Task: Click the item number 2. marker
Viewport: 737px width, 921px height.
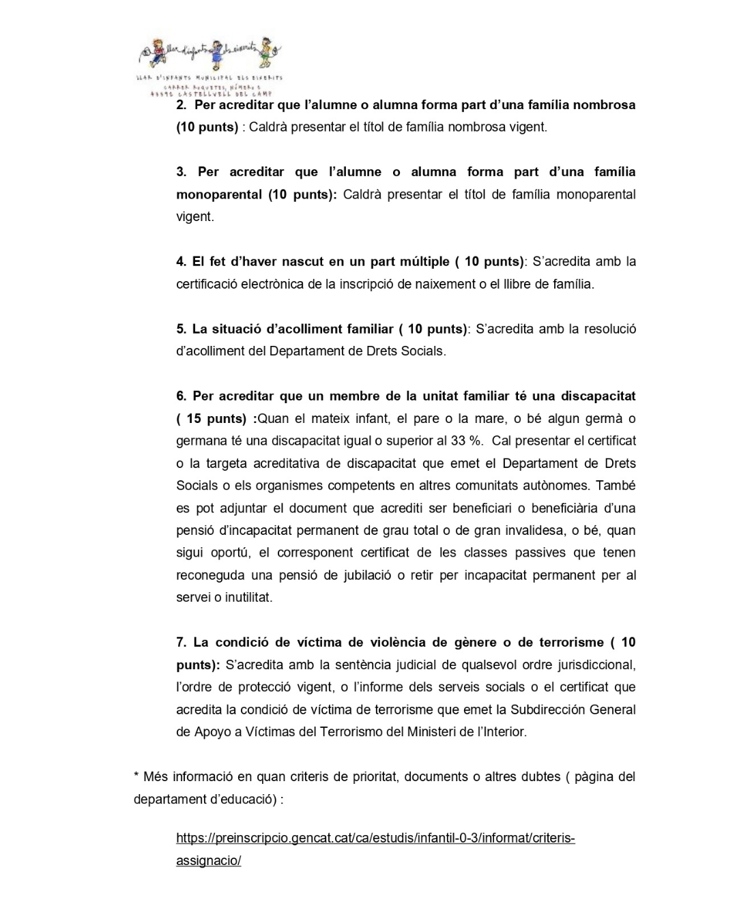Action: tap(181, 105)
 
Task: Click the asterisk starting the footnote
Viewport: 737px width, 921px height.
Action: tap(136, 776)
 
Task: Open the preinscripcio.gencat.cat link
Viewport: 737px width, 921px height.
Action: tap(375, 838)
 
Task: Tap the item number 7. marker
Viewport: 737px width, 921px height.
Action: tap(181, 642)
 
